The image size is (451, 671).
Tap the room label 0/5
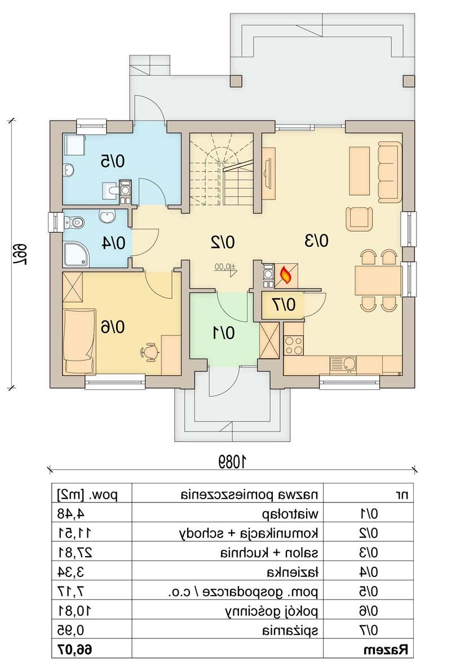coord(113,161)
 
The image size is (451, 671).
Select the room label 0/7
coord(284,305)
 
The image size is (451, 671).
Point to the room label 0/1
coord(224,332)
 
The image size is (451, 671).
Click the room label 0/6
coord(113,327)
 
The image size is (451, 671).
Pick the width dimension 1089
coord(232,461)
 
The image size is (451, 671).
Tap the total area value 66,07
coord(74,650)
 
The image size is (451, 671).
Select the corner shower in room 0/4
coord(77,254)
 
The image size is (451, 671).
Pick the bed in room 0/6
coord(79,341)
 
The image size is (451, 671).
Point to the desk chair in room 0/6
coord(149,352)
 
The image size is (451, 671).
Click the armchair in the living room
coord(359,219)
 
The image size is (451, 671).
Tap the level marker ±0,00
coord(225,269)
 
